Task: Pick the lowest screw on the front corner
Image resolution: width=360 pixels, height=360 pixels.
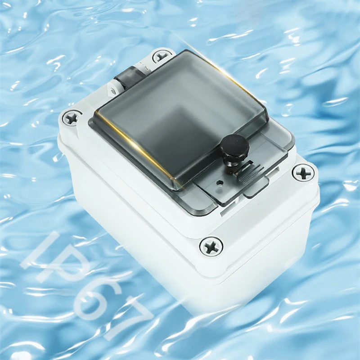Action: [211, 246]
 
